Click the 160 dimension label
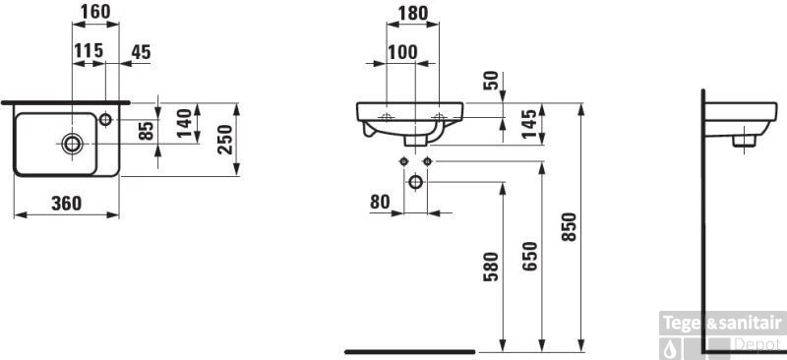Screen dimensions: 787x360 [x=95, y=12]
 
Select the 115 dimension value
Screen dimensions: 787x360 [x=89, y=51]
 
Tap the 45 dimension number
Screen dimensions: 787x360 [x=141, y=52]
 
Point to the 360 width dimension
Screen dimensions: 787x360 [x=67, y=204]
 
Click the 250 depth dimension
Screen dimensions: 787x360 [x=225, y=139]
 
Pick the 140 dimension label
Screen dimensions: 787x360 [x=185, y=123]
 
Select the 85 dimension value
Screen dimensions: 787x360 [x=146, y=131]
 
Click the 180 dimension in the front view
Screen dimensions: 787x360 [x=413, y=13]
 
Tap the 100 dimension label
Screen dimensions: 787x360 [x=402, y=52]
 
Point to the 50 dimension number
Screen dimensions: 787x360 [x=491, y=81]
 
